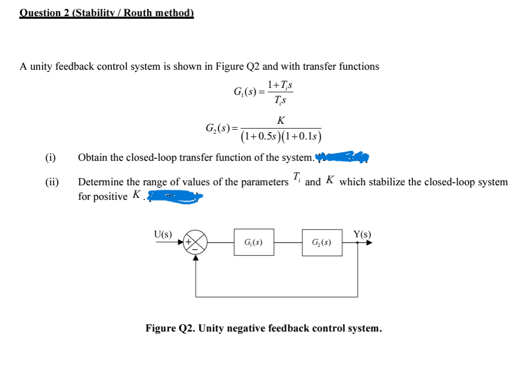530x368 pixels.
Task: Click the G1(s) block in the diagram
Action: tap(253, 243)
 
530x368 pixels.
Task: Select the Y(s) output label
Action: tap(362, 234)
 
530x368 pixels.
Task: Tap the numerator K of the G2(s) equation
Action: tap(281, 121)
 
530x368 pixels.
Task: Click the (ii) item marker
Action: tap(52, 182)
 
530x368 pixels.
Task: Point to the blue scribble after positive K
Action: tap(174, 196)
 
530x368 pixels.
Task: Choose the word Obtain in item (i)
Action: tap(92, 157)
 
